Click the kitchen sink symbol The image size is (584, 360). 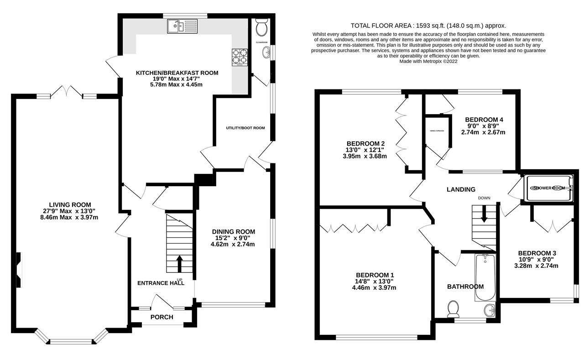tap(182, 27)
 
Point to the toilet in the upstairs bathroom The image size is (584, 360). tap(453, 309)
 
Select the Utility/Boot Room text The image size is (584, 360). tap(245, 128)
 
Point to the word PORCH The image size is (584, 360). tap(162, 317)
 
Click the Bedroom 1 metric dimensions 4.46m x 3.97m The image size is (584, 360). tap(375, 287)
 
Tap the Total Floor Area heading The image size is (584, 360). tap(428, 26)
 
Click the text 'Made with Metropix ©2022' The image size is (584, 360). tap(428, 61)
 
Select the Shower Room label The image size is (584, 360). tap(547, 188)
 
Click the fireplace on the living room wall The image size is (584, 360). tap(19, 270)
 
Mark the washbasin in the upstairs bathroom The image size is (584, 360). tap(490, 310)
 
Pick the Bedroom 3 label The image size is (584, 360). tap(537, 253)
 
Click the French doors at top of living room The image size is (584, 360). tap(66, 93)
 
